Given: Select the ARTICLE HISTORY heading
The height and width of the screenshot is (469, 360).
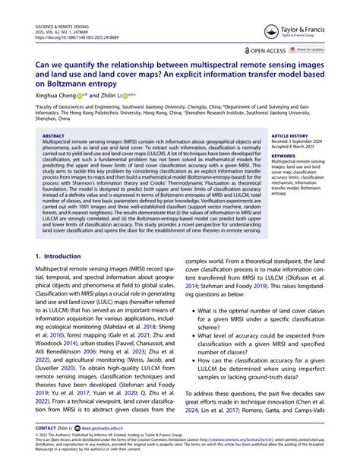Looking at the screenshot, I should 290,136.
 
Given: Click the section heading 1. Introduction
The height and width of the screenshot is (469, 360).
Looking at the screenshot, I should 58,257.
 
